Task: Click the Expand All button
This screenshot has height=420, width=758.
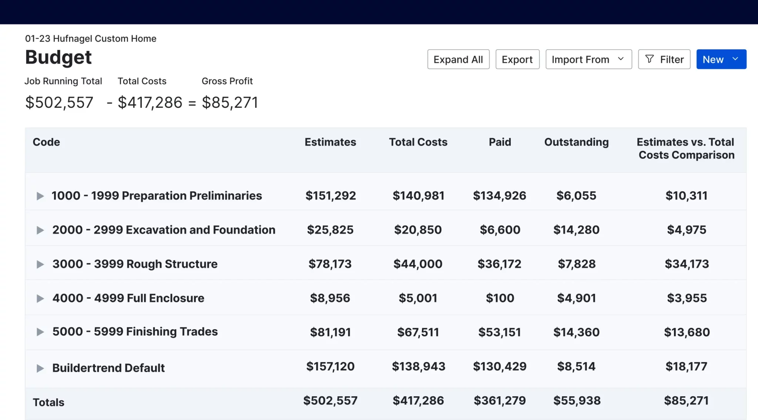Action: [458, 59]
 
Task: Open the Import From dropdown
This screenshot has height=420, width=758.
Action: [588, 59]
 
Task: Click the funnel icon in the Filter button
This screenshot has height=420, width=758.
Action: [649, 59]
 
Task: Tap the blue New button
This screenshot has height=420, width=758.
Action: [721, 59]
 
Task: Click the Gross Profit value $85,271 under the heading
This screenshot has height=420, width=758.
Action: [229, 103]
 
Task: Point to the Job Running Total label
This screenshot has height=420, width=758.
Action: [63, 81]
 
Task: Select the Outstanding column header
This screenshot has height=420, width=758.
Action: [576, 142]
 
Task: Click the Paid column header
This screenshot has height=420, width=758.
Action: [500, 142]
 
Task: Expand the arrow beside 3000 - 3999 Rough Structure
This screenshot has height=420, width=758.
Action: [40, 264]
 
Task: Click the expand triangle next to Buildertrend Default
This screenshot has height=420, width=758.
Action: [40, 368]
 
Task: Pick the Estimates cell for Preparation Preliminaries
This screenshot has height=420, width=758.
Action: [331, 196]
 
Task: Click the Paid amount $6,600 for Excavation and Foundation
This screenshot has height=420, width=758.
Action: [500, 230]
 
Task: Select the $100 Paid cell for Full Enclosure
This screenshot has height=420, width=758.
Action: [500, 298]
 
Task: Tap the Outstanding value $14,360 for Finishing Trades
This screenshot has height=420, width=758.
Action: [576, 332]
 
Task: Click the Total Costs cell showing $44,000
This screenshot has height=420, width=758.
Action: [418, 264]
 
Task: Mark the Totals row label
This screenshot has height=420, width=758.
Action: [48, 402]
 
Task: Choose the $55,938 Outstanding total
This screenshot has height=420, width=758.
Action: [577, 400]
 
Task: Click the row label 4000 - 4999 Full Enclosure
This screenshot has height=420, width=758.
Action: [128, 298]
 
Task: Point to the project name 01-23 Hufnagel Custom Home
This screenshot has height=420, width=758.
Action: [91, 39]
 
